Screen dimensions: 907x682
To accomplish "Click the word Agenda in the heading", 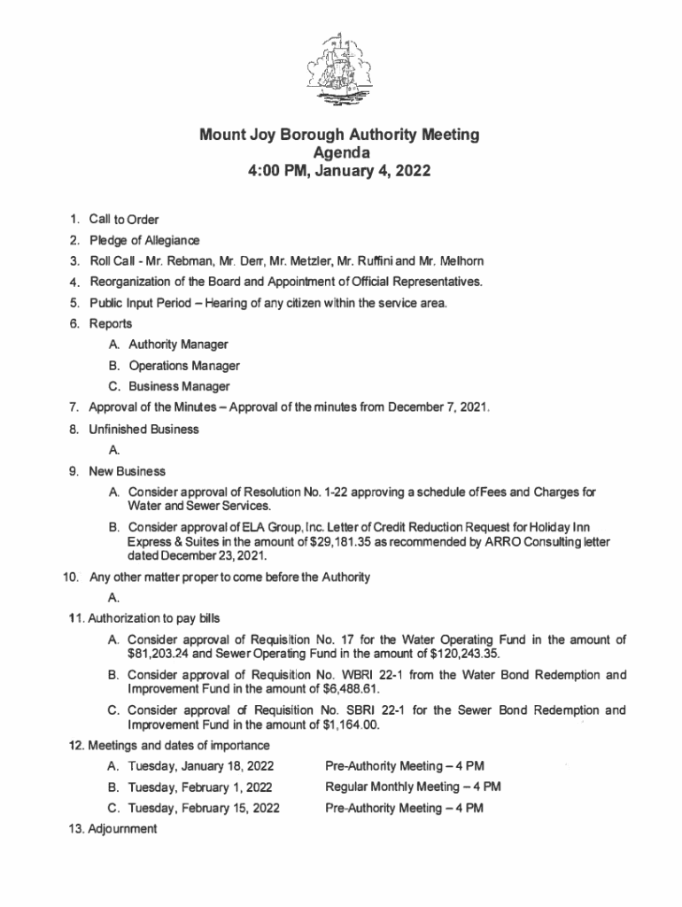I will pyautogui.click(x=340, y=153).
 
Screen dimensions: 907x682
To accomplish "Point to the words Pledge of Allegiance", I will pyautogui.click(x=144, y=240).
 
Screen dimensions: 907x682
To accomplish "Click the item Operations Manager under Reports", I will pyautogui.click(x=184, y=365).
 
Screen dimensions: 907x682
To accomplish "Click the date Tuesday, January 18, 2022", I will pyautogui.click(x=201, y=765).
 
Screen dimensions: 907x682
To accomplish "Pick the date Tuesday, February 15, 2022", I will pyautogui.click(x=204, y=808).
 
